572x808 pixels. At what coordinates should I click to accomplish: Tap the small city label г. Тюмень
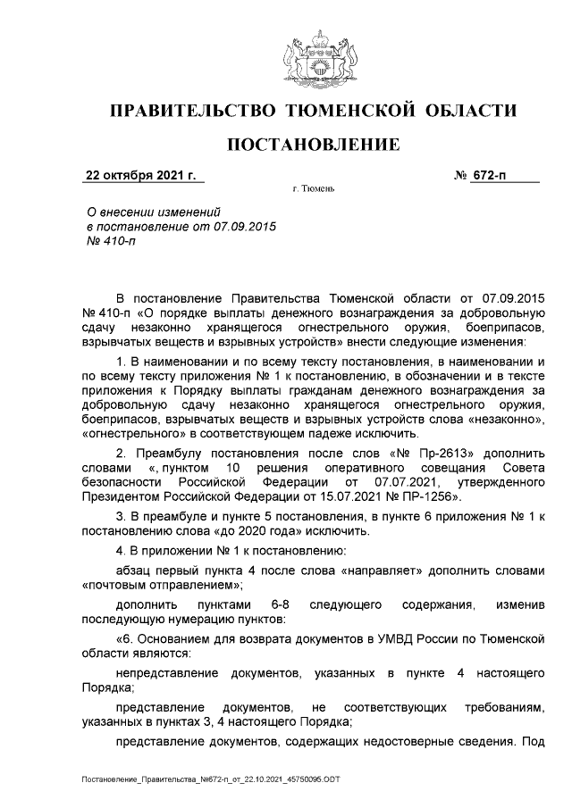pyautogui.click(x=313, y=190)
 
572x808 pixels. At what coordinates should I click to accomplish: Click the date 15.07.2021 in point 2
pyautogui.click(x=349, y=494)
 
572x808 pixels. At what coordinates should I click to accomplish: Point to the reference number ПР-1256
pyautogui.click(x=431, y=494)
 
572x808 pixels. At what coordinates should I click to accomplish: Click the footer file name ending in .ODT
pyautogui.click(x=209, y=779)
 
